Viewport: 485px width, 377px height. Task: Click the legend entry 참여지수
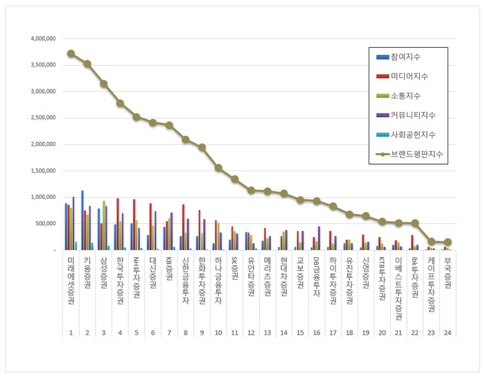(405, 56)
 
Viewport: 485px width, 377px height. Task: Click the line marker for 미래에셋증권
(71, 53)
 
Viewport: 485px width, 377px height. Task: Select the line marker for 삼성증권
(104, 84)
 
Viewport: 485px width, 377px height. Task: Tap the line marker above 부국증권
(448, 243)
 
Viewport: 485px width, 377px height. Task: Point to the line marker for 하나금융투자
(218, 168)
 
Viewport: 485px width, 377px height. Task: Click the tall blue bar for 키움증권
(82, 220)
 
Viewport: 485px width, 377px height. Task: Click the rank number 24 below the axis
(448, 333)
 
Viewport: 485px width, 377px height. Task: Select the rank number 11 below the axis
(234, 333)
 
